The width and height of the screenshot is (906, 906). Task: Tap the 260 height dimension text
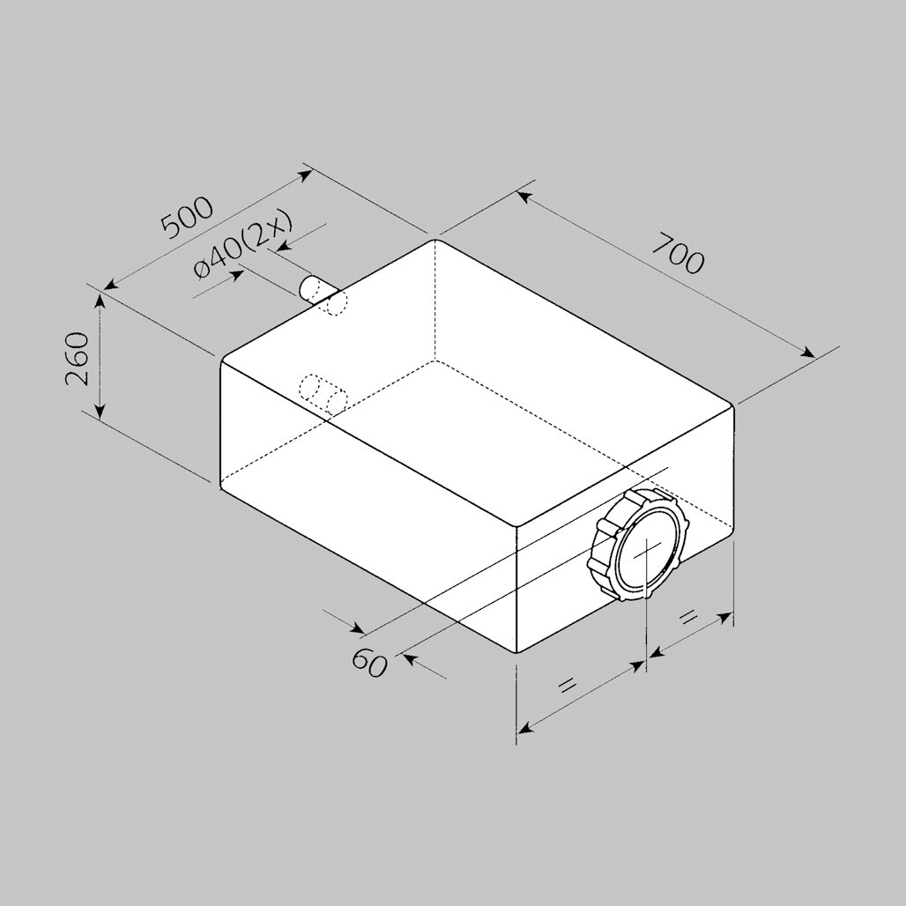pos(77,359)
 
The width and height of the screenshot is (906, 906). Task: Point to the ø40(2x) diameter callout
pos(242,246)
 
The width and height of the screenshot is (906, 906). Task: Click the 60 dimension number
pos(368,662)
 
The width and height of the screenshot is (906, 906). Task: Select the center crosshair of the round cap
pos(648,549)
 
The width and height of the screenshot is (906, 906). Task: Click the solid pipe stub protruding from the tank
pos(316,289)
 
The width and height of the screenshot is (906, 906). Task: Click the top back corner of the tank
pos(434,240)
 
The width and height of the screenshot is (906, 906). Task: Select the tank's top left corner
pos(220,360)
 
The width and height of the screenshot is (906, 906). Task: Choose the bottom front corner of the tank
pos(516,652)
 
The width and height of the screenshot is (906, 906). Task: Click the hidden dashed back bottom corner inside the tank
pos(434,360)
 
